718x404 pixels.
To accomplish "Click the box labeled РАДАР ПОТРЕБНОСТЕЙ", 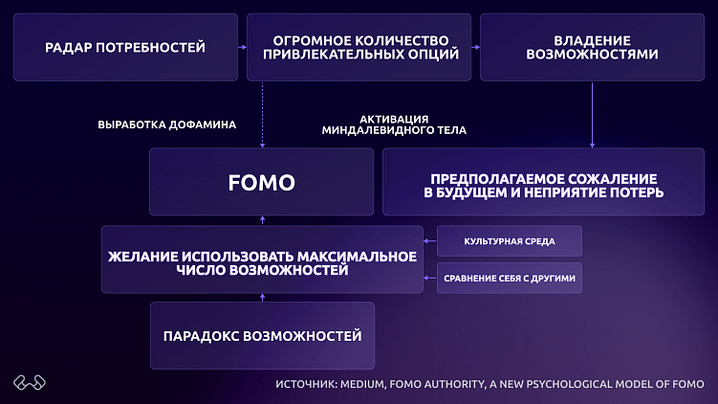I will pos(125,47).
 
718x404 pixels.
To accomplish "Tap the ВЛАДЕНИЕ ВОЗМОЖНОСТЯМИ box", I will pos(592,47).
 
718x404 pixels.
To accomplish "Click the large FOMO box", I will pos(262,182).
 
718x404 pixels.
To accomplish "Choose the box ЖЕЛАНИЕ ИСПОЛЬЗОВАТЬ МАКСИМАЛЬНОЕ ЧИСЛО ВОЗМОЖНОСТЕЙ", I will pos(262,258).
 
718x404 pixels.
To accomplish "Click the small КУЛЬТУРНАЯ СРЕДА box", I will pos(510,241).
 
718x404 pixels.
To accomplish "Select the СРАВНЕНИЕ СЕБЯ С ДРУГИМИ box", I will pos(510,279).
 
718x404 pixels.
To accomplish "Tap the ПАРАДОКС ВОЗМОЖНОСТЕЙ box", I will pos(262,335).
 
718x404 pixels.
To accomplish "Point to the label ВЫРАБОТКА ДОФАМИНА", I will pos(167,124).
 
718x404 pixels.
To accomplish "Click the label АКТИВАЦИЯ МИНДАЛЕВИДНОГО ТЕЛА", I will pos(393,124).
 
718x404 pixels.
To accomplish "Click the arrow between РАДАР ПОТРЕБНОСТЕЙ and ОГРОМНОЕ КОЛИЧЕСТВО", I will pos(242,47).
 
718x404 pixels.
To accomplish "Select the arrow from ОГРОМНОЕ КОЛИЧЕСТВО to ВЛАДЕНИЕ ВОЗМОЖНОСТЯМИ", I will pos(475,47).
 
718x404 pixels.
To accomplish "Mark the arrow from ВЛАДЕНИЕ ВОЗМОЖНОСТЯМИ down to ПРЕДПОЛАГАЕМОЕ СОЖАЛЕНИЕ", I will pos(593,115).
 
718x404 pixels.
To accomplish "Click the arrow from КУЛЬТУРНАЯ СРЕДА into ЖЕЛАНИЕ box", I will pos(430,241).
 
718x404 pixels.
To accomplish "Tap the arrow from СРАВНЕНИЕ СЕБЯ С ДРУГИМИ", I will pos(430,279).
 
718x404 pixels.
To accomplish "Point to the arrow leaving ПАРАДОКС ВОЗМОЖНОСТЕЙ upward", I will pos(262,298).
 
